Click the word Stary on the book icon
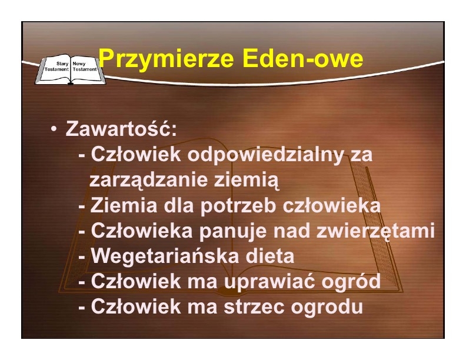[x=62, y=64]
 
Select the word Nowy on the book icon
[x=79, y=64]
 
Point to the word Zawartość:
[x=121, y=128]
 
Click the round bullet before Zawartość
[x=54, y=129]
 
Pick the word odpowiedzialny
[x=265, y=155]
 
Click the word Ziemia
[x=124, y=205]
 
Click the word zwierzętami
[x=375, y=231]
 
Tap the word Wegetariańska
[x=163, y=256]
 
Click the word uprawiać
[x=269, y=281]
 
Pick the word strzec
[x=254, y=307]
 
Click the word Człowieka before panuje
[x=142, y=231]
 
